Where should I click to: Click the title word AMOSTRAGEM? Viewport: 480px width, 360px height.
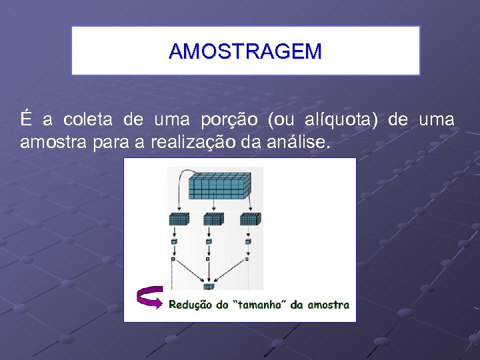pos(245,51)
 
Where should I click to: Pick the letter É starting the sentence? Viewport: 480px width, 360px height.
pos(26,120)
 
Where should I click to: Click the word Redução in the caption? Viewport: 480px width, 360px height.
pos(189,305)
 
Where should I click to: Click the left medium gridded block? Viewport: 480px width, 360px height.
pos(178,219)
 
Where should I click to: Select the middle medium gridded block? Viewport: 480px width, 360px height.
pos(213,219)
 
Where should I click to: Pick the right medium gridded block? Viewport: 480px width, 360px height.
pos(250,219)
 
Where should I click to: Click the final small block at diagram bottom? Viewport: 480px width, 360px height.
pos(209,287)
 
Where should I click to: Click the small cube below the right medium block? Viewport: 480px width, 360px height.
pos(247,241)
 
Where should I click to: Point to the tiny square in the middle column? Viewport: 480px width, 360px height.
pos(209,259)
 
